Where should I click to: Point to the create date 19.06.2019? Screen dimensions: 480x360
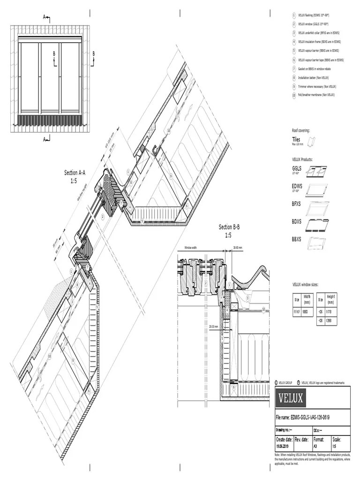[284, 446]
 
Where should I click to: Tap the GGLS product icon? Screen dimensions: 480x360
[316, 172]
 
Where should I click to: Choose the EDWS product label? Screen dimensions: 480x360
[298, 186]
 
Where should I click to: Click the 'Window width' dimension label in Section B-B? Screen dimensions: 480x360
[191, 247]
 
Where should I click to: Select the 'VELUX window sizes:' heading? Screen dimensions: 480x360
[306, 285]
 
